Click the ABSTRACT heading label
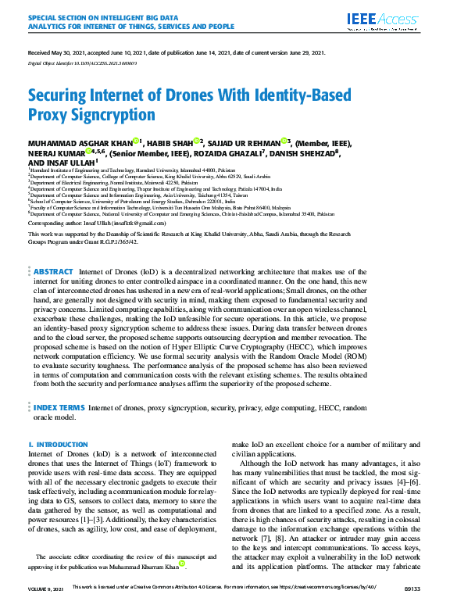[53, 206]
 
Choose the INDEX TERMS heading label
[59, 408]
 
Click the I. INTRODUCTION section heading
[58, 445]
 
